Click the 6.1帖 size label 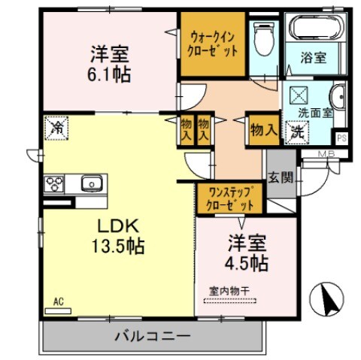coord(111,75)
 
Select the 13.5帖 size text coord(114,246)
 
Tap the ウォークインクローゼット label coord(214,44)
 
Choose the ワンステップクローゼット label coord(229,198)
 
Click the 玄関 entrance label coord(282,178)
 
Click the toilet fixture coord(264,39)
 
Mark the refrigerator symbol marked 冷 coord(56,128)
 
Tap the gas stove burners coord(55,183)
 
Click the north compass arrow coord(327,301)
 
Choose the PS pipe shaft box coord(341,138)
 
